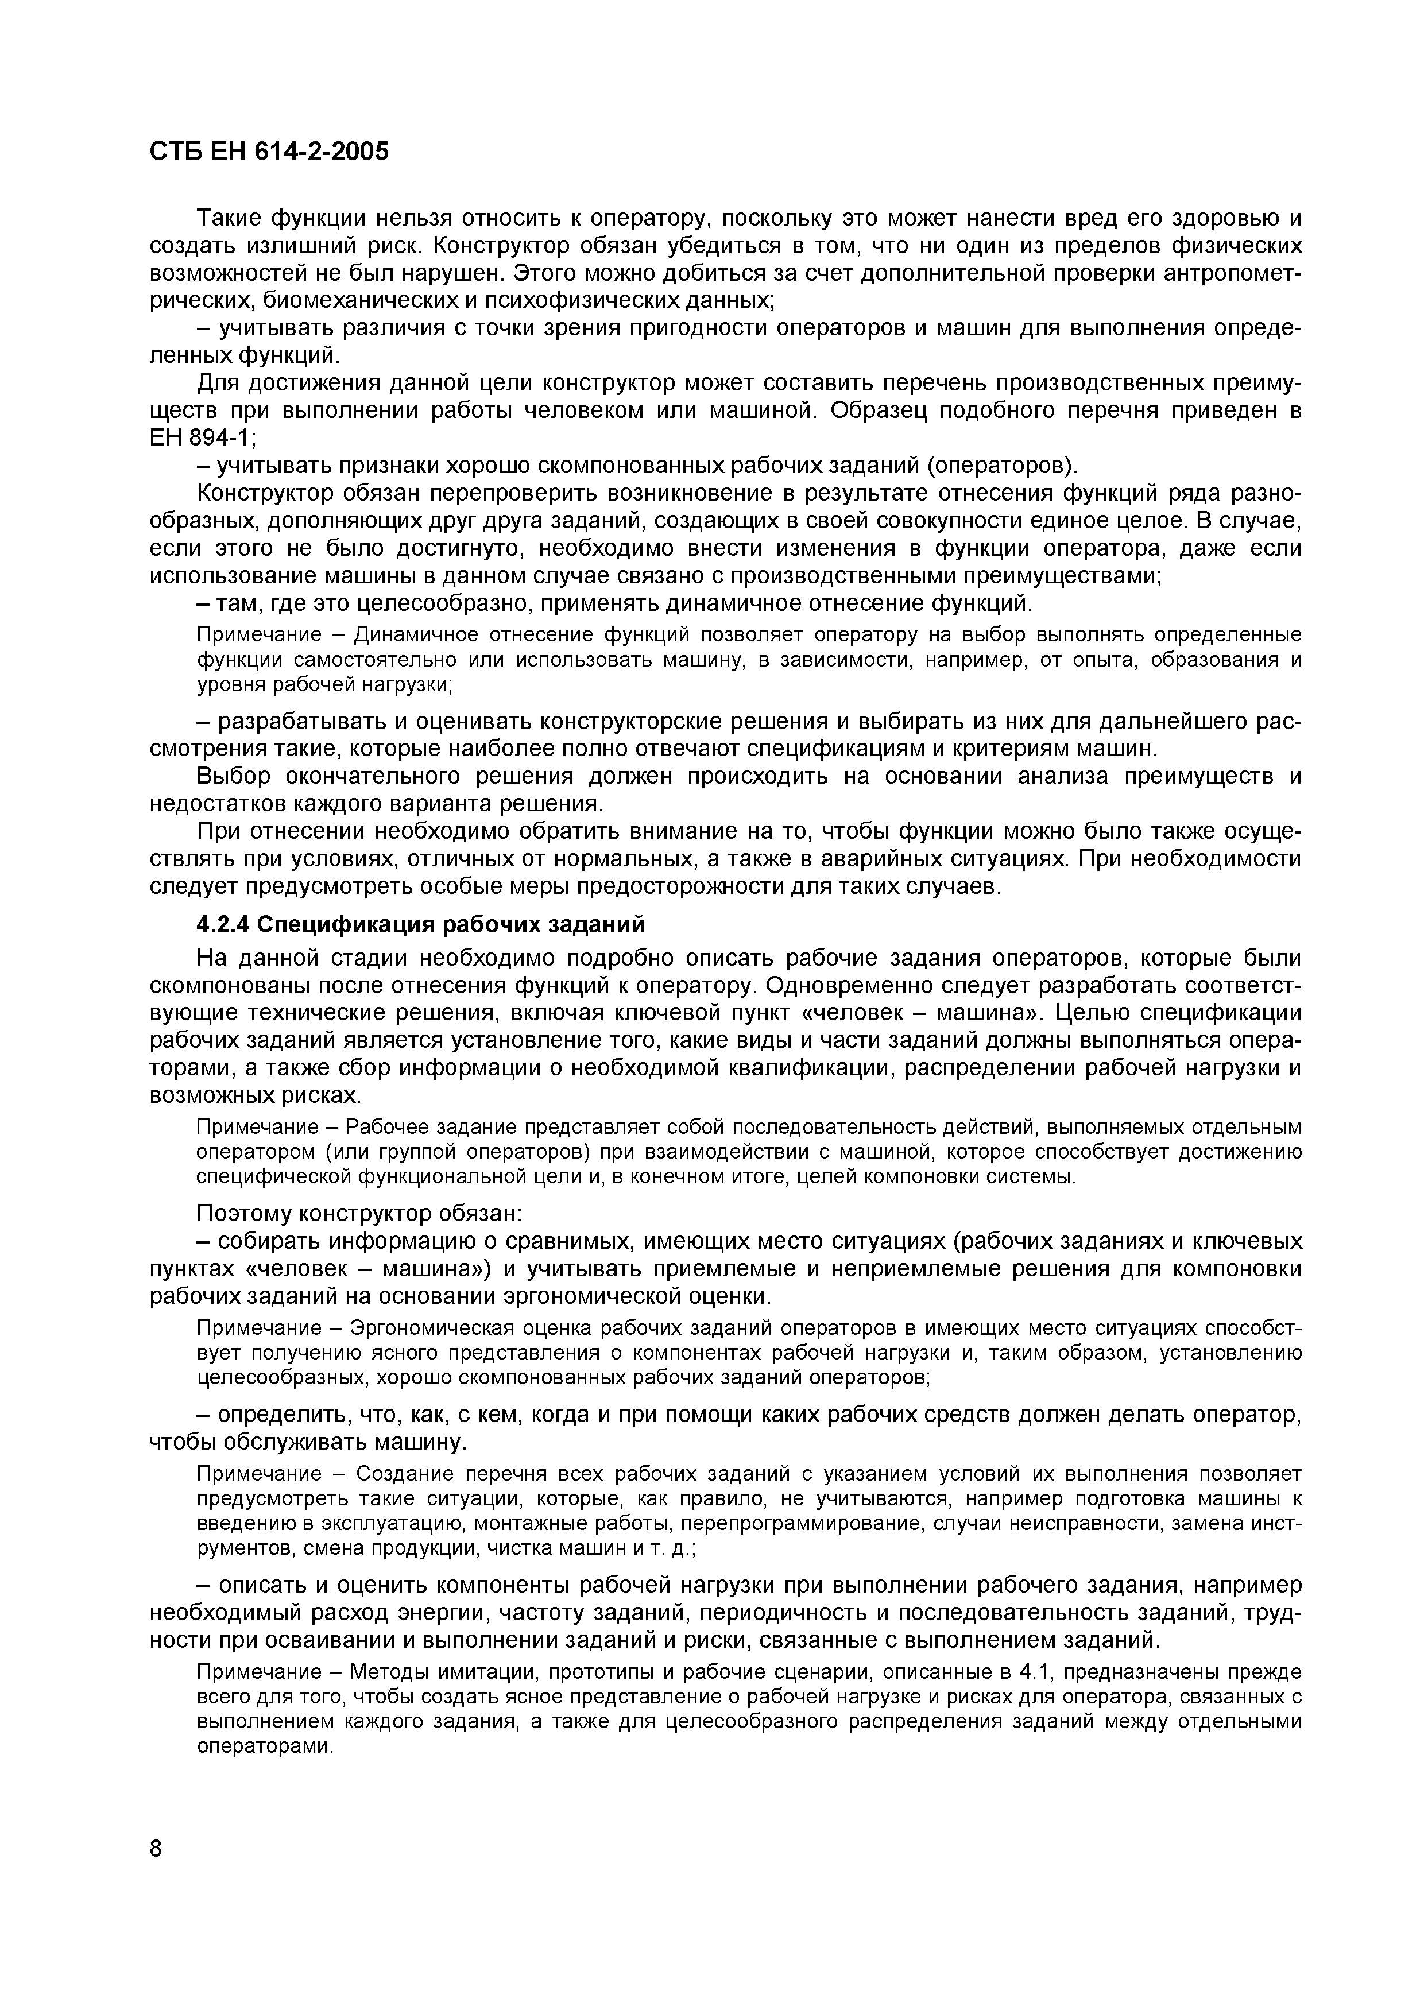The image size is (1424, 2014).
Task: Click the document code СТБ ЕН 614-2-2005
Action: pos(269,152)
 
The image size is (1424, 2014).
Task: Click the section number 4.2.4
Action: pos(223,924)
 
